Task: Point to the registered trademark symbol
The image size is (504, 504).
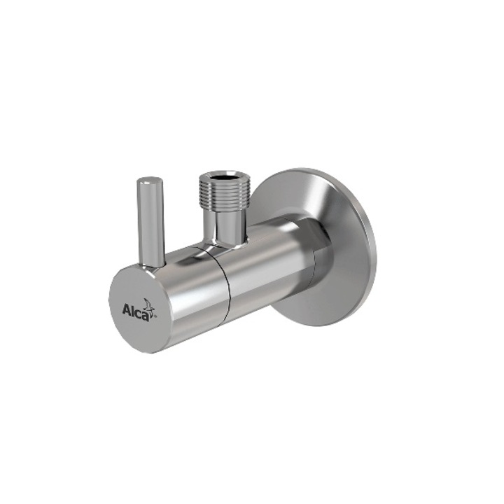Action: pos(155,316)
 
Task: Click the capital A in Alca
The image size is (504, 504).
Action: pos(127,309)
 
